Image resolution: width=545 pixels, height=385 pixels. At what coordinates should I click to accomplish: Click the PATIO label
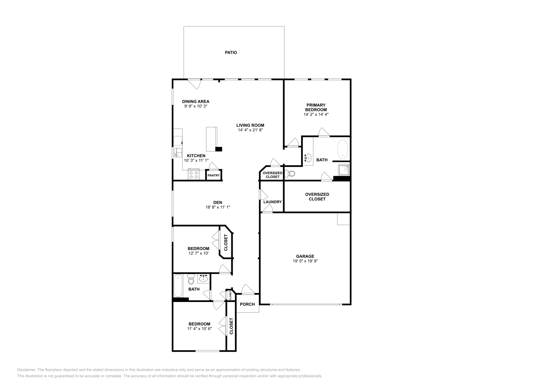(x=231, y=52)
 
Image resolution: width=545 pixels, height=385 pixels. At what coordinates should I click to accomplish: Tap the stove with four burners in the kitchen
(x=193, y=174)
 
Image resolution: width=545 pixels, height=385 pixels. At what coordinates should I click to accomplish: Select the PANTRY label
(x=214, y=175)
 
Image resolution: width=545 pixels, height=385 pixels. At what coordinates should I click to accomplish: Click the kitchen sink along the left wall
(x=178, y=152)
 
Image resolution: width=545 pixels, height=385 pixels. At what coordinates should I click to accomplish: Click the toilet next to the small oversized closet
(x=290, y=174)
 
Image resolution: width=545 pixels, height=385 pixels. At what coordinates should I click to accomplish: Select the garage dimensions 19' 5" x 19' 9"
(x=305, y=261)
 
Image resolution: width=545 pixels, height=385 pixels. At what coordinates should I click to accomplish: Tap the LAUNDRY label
(x=272, y=202)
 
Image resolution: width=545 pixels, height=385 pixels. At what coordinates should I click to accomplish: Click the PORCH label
(x=247, y=304)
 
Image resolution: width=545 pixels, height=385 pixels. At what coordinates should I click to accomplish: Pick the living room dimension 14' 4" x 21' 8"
(x=250, y=130)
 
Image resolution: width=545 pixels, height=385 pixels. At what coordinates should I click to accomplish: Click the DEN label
(x=218, y=202)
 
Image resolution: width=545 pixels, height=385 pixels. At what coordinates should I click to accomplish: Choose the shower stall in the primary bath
(x=343, y=170)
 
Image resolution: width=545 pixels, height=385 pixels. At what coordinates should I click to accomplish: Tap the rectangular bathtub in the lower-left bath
(x=178, y=286)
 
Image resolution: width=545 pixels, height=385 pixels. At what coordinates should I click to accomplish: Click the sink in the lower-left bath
(x=203, y=279)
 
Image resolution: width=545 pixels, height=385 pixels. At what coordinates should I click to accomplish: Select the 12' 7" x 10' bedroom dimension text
(x=198, y=253)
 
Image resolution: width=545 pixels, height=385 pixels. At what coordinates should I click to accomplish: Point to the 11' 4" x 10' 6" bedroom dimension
(x=199, y=329)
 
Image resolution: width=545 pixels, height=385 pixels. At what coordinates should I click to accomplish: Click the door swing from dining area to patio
(x=195, y=84)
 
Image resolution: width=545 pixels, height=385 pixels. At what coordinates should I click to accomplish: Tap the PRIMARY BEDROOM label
(x=316, y=107)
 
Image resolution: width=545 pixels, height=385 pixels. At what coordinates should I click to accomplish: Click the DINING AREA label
(x=196, y=101)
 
